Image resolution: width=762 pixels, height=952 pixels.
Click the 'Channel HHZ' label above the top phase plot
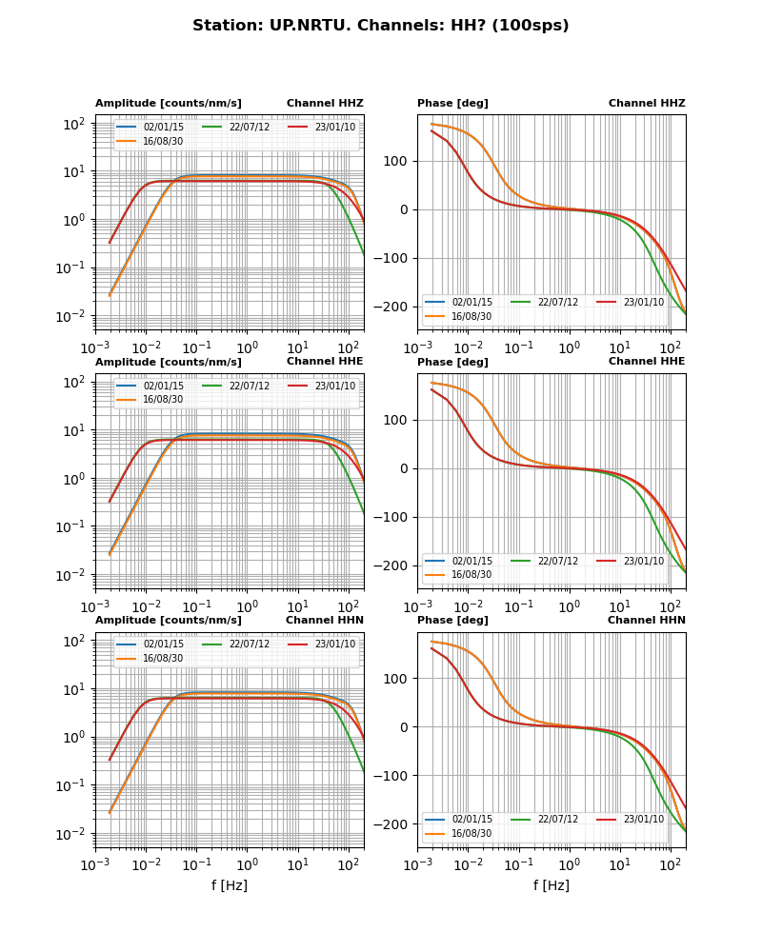647,104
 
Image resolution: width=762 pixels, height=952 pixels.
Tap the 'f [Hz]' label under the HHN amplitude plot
230,885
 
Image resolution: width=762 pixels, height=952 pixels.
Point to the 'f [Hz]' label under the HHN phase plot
551,885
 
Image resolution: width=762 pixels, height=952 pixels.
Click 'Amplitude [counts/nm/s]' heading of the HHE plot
169,362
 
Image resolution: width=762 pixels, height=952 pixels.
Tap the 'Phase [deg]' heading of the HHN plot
452,621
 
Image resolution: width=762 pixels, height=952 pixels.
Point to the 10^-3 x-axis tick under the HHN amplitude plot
95,865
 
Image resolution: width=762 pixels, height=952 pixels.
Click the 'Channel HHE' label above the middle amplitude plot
325,362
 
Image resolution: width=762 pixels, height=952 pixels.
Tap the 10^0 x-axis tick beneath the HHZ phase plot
569,348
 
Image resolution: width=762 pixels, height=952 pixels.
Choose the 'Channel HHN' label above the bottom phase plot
647,621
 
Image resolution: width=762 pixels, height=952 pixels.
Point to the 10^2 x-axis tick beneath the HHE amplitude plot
349,607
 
